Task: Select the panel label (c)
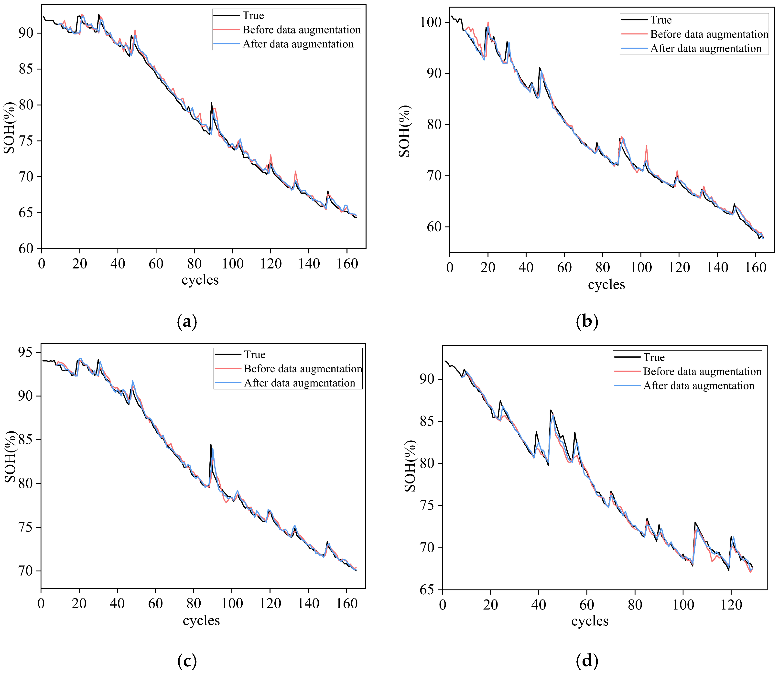(x=187, y=661)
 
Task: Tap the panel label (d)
(x=587, y=661)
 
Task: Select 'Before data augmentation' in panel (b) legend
(x=709, y=34)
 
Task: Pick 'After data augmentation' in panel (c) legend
(x=299, y=383)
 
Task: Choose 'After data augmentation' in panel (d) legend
(x=699, y=385)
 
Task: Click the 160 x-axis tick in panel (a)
(x=347, y=264)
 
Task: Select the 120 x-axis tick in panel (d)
(x=731, y=605)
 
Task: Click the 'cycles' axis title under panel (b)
(x=606, y=285)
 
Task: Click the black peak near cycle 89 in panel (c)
(x=211, y=445)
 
